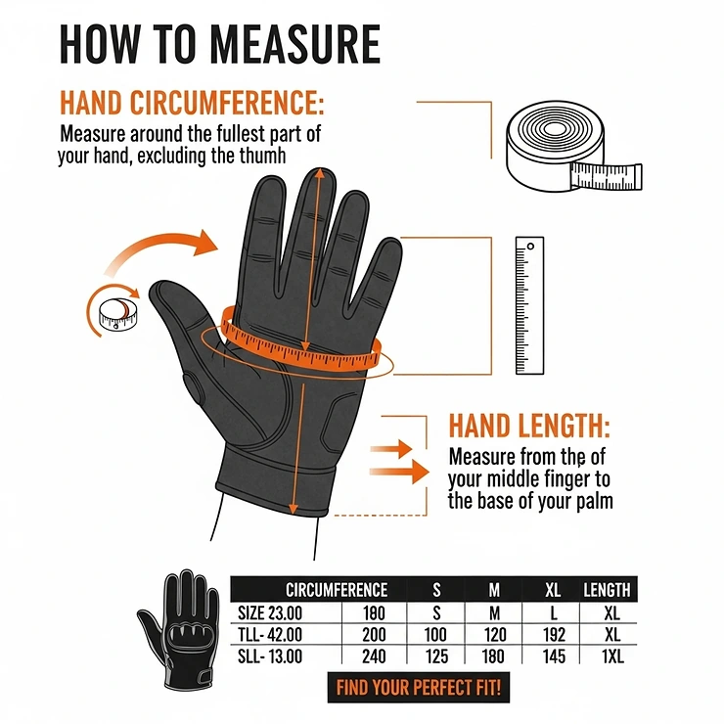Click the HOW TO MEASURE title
(219, 44)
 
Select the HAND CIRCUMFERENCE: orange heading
(192, 103)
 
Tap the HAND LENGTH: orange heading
(528, 427)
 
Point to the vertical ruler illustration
(528, 305)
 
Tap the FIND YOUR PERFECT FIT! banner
(418, 687)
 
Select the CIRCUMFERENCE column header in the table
(336, 589)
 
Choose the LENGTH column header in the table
(607, 589)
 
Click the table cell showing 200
(373, 635)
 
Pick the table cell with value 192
(554, 635)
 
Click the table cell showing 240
(373, 656)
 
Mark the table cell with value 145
(554, 656)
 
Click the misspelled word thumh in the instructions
(268, 155)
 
